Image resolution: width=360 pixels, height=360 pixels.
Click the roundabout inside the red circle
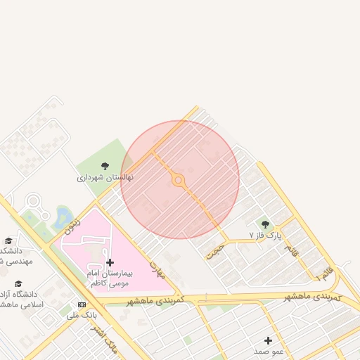(179, 181)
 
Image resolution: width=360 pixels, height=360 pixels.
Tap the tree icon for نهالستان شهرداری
(105, 166)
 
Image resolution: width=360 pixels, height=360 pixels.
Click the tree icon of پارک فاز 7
(265, 224)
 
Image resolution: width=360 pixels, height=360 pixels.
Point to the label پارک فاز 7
(265, 236)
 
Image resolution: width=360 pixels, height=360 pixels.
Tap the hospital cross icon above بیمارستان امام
(110, 262)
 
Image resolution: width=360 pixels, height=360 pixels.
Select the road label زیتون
(72, 225)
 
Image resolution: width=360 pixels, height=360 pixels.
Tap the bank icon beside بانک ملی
(82, 304)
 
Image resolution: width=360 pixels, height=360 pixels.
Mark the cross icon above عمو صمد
(268, 340)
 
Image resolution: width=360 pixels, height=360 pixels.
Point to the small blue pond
(63, 214)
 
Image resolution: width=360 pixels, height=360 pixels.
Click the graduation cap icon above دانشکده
(8, 241)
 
